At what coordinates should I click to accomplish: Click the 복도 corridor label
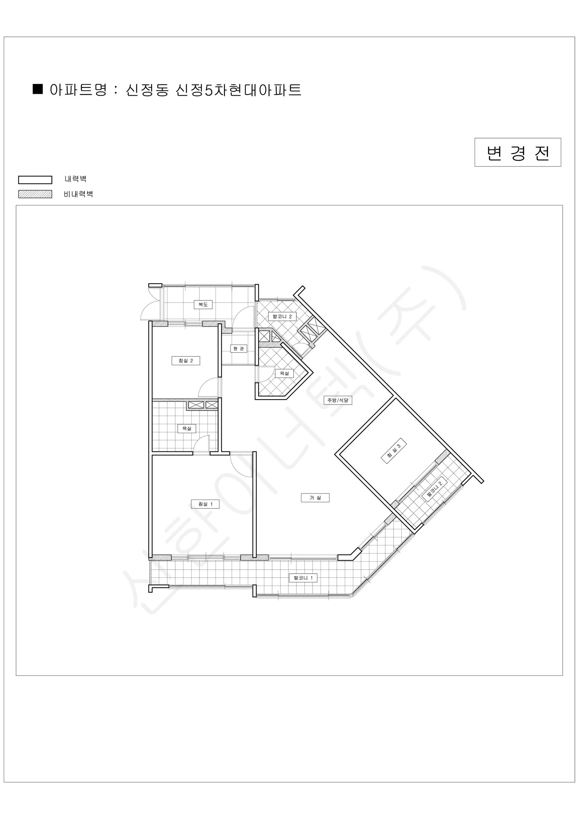[x=203, y=305]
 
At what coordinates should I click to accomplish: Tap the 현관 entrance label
[x=238, y=348]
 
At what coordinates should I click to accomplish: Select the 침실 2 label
[x=186, y=361]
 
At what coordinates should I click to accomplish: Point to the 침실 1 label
[x=205, y=504]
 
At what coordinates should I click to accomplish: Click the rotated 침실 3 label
[x=394, y=451]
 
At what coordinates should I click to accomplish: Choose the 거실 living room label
[x=315, y=498]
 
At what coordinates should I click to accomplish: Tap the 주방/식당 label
[x=338, y=400]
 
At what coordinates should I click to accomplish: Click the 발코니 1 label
[x=303, y=578]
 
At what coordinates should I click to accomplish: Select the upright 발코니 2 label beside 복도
[x=282, y=316]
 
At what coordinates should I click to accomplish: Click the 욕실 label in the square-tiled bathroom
[x=187, y=428]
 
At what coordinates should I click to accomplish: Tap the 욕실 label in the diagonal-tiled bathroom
[x=284, y=373]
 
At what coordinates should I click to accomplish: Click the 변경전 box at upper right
[x=518, y=152]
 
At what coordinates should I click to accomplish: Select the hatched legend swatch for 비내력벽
[x=35, y=194]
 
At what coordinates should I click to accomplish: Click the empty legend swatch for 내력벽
[x=35, y=180]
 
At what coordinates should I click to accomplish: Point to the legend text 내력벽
[x=76, y=179]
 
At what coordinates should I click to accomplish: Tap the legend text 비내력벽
[x=78, y=194]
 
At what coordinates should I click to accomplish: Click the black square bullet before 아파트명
[x=38, y=89]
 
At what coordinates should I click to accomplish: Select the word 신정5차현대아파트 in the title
[x=238, y=90]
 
